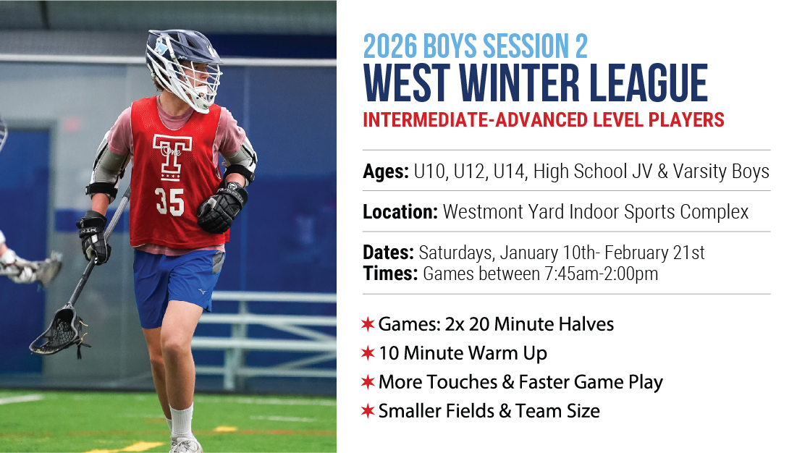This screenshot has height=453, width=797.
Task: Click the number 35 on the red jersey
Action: click(170, 202)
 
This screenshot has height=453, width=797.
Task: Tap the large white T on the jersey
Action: click(172, 157)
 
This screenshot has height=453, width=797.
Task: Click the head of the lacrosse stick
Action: click(57, 332)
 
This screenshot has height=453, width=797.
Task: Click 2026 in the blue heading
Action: click(390, 46)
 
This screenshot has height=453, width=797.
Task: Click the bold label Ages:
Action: click(386, 172)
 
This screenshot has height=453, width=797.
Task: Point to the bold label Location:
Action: click(400, 212)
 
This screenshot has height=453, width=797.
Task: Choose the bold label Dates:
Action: click(388, 253)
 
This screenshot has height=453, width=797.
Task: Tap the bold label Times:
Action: click(390, 274)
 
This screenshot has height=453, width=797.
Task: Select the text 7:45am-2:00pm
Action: click(602, 274)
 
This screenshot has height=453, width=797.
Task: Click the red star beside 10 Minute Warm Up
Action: click(368, 352)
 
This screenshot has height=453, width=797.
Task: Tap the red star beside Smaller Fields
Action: click(368, 410)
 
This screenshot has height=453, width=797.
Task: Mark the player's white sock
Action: click(182, 421)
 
